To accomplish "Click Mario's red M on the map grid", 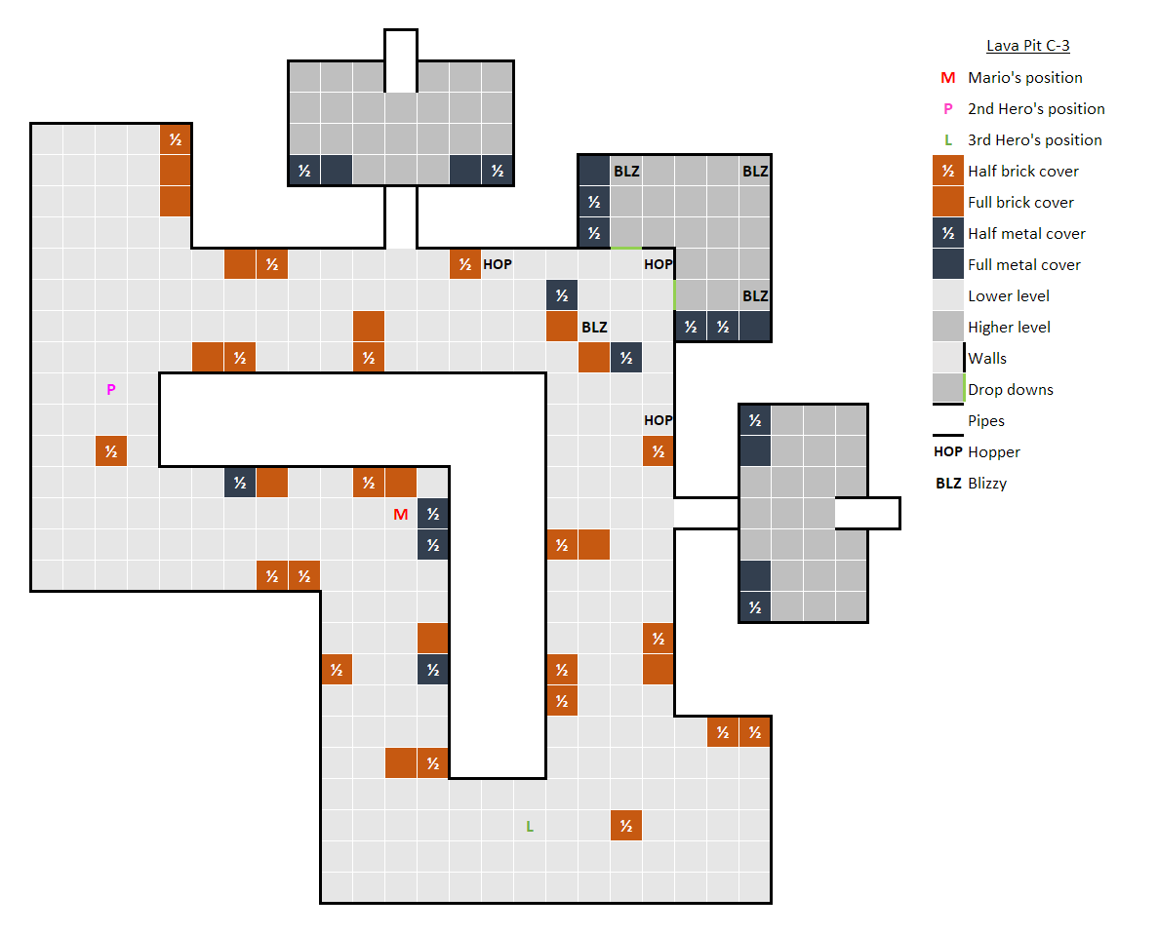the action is coord(401,515).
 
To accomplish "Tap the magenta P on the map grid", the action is coord(111,390).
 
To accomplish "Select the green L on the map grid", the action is coord(530,827).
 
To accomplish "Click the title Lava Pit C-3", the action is coord(1028,46).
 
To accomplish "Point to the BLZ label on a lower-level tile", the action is coord(594,327).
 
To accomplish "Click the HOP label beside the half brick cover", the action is coord(497,264).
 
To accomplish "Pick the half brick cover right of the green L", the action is coord(626,826).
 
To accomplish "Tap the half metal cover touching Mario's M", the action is coord(433,514).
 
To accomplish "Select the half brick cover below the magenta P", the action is coord(111,450).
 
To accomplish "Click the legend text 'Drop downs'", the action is coord(1011,390).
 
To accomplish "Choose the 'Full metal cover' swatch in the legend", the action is coord(948,265).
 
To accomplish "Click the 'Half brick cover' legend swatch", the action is coord(948,172).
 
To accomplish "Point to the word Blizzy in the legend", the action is coord(987,484).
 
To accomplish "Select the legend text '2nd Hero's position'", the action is coord(1036,109).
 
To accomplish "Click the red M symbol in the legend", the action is coord(948,78).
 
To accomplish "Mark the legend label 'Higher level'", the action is coord(1009,327).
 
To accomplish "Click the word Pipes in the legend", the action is coord(986,420).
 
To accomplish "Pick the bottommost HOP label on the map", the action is coord(659,420).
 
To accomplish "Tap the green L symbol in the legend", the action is coord(948,140).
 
